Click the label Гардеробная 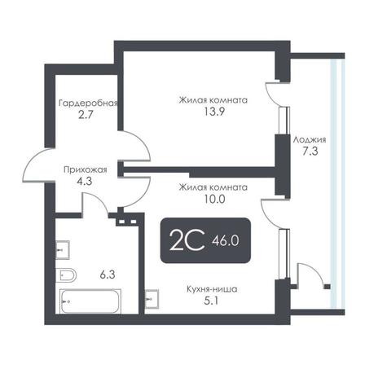[x=88, y=103]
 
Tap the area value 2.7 [x=86, y=115]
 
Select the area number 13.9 [x=214, y=112]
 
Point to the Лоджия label [x=310, y=140]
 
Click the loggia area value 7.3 [x=310, y=152]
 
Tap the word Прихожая [x=86, y=169]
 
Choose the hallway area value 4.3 [x=85, y=181]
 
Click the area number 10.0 [x=213, y=199]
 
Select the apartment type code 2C [x=187, y=240]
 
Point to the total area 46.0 [x=226, y=240]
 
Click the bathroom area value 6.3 [x=108, y=275]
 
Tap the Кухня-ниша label [x=212, y=289]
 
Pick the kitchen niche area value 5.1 [x=211, y=301]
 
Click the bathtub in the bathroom [x=90, y=301]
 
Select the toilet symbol [x=66, y=275]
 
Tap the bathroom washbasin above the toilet [x=63, y=250]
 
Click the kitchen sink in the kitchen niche [x=152, y=299]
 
